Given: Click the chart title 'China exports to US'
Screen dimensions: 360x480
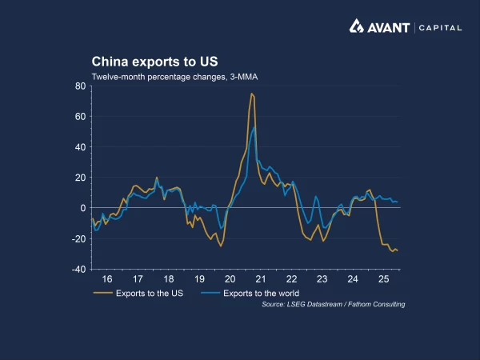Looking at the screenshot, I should pos(154,62).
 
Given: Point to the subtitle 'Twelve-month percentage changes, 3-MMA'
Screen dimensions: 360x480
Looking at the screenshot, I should pos(174,77).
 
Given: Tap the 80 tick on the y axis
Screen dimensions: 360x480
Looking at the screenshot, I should pos(81,86).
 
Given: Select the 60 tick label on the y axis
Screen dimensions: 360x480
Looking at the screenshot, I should pos(81,116).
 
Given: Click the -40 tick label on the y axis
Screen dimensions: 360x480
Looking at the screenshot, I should pos(79,270).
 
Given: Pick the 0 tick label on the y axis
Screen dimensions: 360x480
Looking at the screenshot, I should pos(83,208).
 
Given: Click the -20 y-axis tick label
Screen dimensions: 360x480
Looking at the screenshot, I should pos(79,239).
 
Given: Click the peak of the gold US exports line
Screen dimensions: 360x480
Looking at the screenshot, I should pos(251,94).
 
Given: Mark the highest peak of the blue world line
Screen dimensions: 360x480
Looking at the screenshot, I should pos(254,127).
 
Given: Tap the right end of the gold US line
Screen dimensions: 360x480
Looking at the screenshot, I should pos(398,251).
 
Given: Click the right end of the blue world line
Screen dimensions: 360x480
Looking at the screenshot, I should pos(398,202).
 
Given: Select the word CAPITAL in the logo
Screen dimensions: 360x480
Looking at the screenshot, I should pos(440,27).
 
